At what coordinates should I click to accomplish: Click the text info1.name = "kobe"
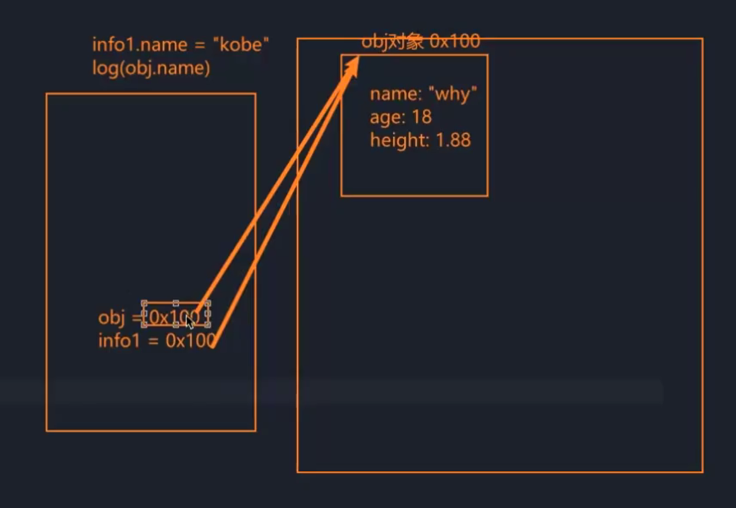coord(181,45)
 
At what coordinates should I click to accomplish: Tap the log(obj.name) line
coord(151,68)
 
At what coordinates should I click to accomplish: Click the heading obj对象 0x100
coord(421,41)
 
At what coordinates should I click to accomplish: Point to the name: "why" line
coord(423,94)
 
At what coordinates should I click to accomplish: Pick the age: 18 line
coord(400,117)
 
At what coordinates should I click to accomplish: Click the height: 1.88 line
coord(420,140)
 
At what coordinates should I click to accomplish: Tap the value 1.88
coord(452,140)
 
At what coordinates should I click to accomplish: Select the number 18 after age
coord(422,117)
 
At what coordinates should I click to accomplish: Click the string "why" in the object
coord(454,94)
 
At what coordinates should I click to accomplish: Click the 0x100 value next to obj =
coord(174,317)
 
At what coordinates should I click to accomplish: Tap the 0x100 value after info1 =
coord(190,340)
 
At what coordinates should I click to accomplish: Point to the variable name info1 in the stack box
coord(119,340)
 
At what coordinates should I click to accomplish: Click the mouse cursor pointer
coord(189,321)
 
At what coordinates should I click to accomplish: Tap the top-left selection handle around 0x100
coord(144,303)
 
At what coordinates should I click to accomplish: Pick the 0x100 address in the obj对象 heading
coord(455,41)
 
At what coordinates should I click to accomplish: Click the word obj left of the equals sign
coord(112,318)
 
